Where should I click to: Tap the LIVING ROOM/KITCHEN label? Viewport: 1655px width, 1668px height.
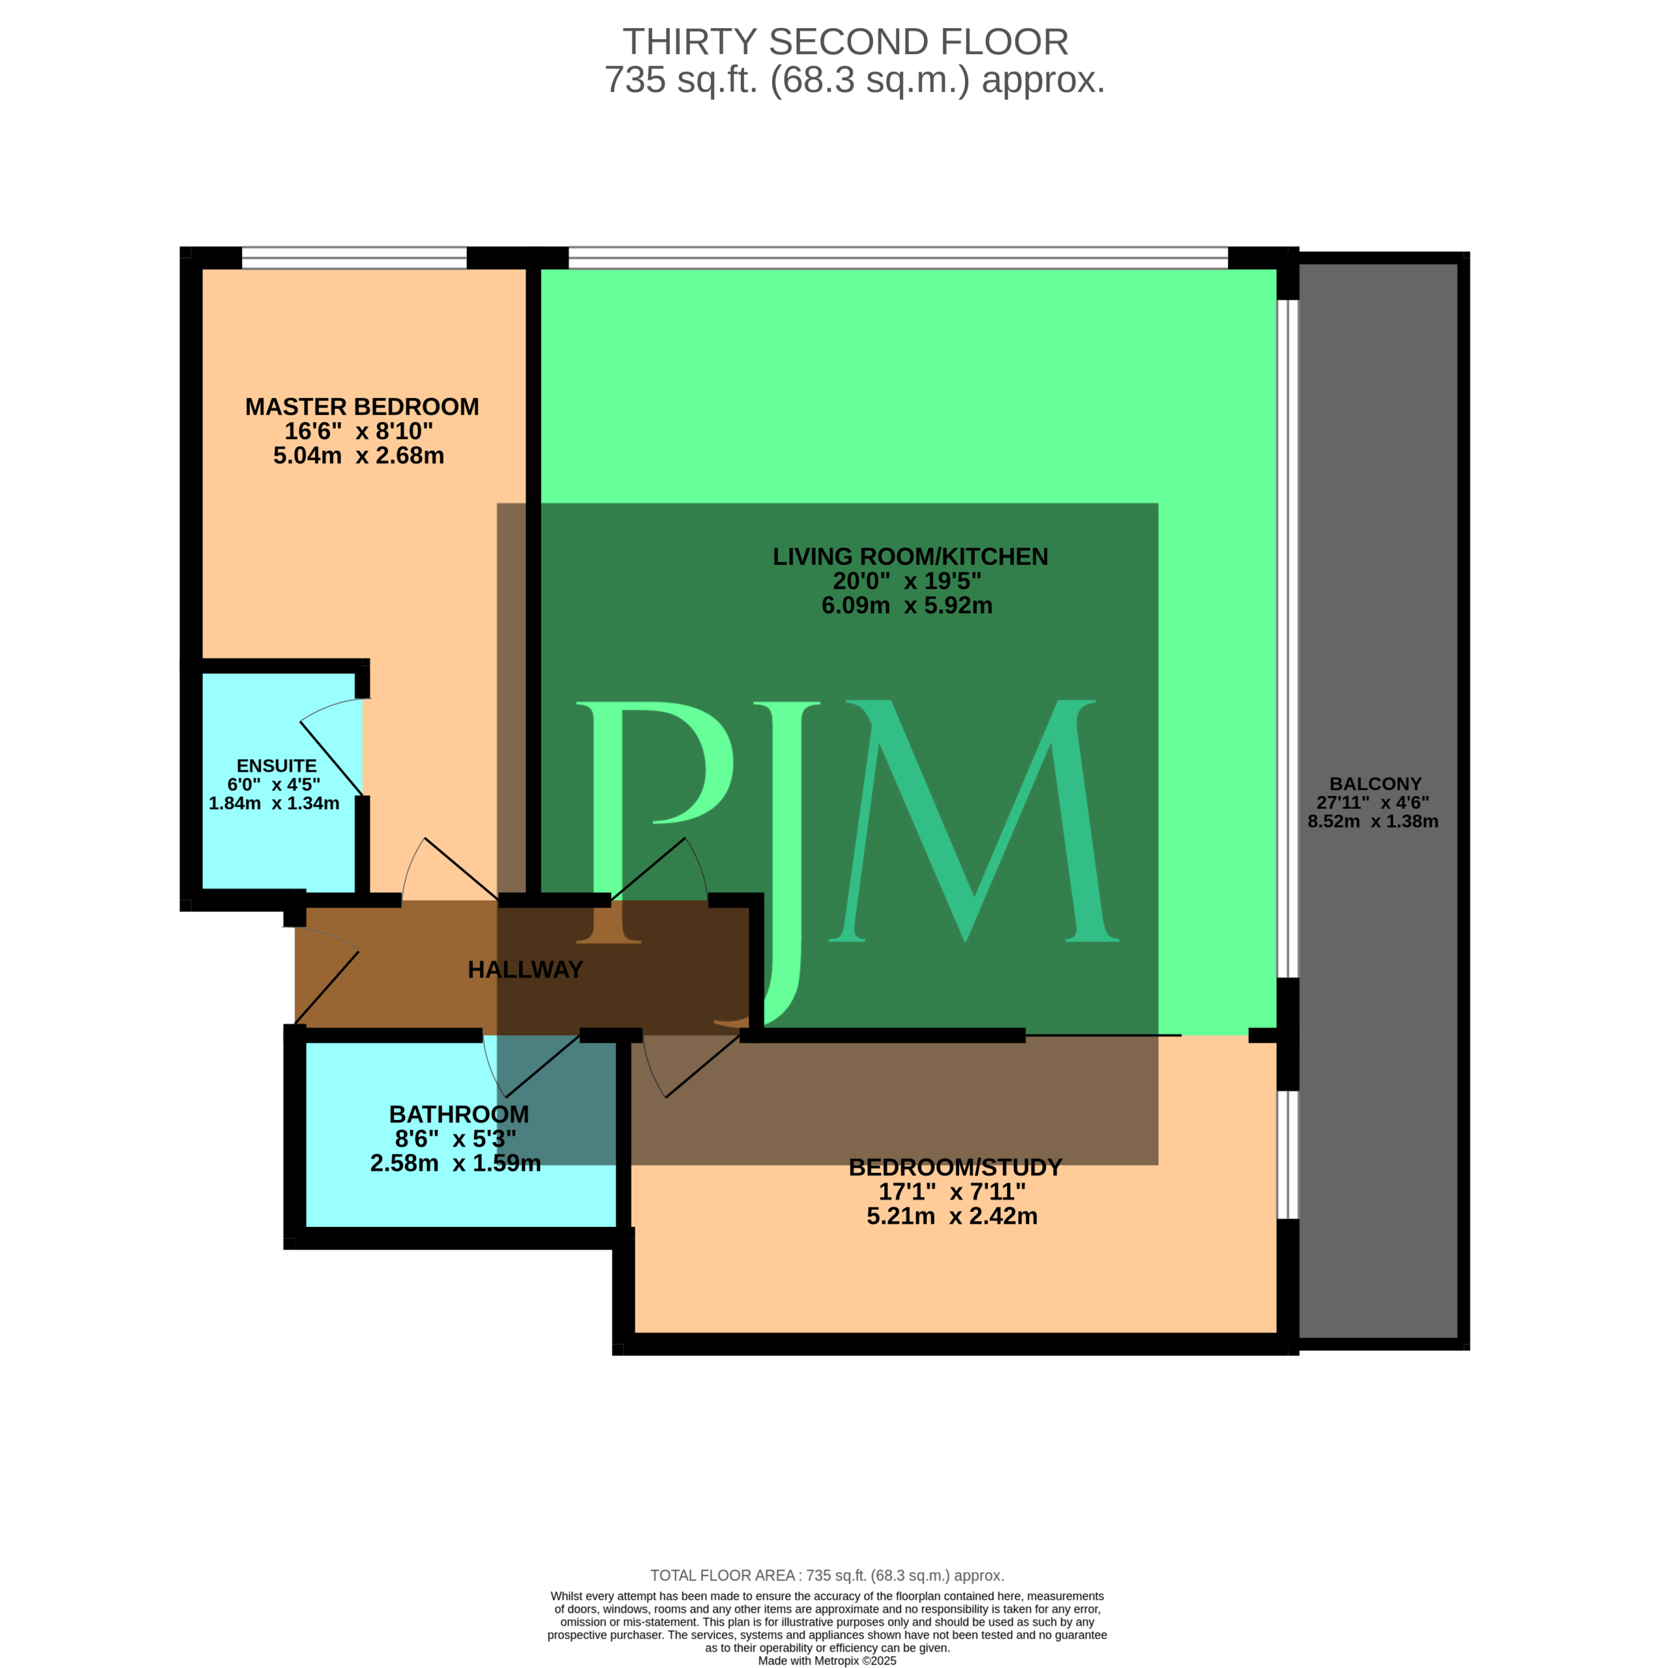(910, 557)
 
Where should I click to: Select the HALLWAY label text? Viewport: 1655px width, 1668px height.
(525, 970)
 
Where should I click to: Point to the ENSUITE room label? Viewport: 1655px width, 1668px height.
(276, 766)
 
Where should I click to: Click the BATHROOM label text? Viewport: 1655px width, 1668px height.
(459, 1115)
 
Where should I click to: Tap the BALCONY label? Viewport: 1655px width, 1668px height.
(1376, 784)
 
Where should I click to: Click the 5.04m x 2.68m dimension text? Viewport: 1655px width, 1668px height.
(359, 456)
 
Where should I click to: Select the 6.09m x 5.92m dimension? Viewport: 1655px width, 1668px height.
(907, 605)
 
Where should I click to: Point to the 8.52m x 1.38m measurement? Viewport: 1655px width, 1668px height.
(1373, 821)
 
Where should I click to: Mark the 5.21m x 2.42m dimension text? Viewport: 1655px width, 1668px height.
(952, 1216)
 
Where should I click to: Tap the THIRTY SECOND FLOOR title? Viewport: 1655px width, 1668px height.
(846, 42)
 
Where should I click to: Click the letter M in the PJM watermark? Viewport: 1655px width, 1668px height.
(974, 821)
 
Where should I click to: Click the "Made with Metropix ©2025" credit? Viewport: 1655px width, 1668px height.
(827, 1660)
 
